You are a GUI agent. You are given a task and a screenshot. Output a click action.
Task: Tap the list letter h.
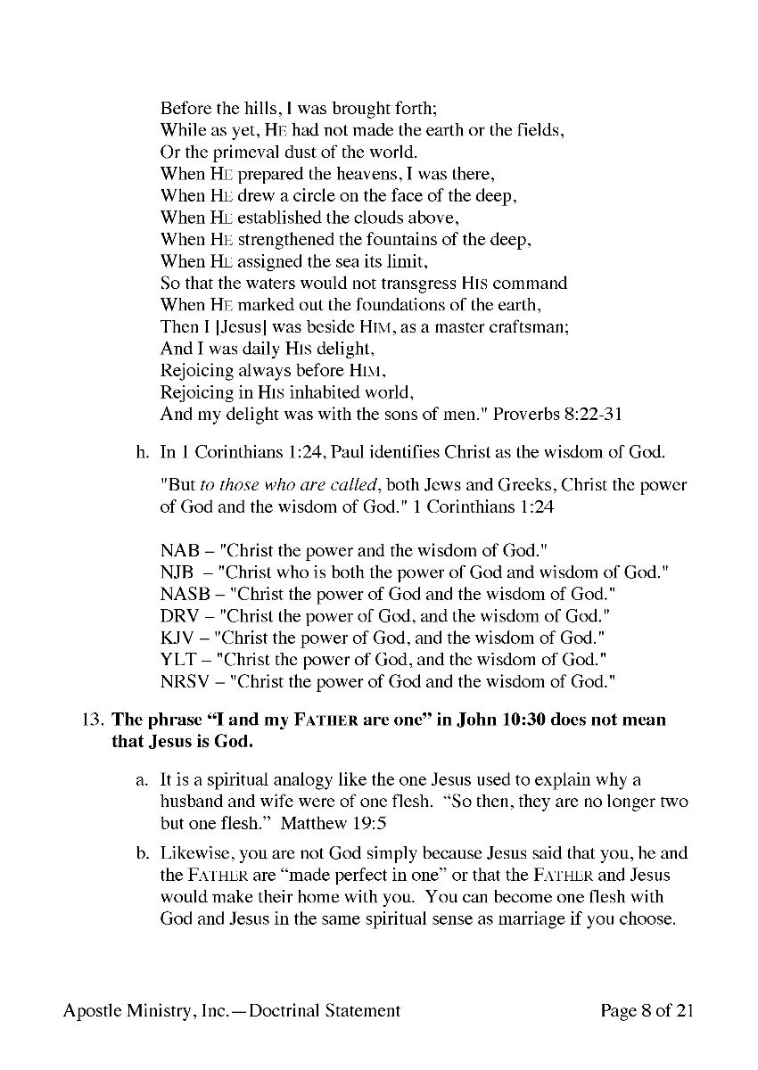[142, 452]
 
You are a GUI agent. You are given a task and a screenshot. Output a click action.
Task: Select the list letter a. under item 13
[142, 780]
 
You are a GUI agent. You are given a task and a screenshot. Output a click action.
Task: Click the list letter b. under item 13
[142, 854]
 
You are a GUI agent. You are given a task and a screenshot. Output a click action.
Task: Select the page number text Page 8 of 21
[647, 1010]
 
